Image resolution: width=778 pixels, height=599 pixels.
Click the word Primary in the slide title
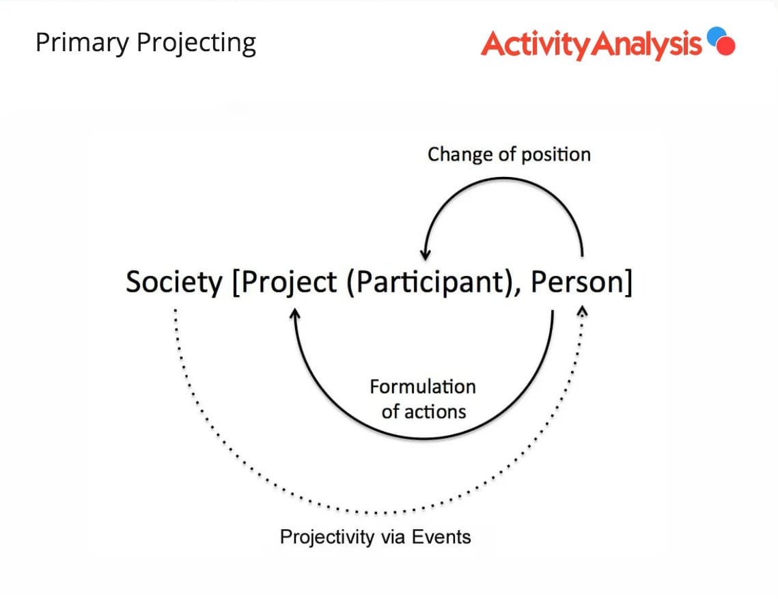click(83, 43)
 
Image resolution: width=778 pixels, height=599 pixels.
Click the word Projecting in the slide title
click(197, 43)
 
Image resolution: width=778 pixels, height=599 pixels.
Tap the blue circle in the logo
click(716, 36)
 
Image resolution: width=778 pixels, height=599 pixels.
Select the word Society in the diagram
click(174, 282)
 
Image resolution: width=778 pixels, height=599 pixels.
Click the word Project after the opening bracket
click(290, 282)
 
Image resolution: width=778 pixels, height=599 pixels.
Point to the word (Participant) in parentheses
click(429, 282)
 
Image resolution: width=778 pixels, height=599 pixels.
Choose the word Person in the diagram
click(577, 281)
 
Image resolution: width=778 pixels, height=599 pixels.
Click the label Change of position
click(509, 155)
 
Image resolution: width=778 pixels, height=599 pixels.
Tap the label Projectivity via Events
click(376, 537)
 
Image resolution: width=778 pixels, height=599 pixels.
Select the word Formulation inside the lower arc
click(423, 387)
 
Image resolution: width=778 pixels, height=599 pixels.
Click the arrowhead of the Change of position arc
click(426, 255)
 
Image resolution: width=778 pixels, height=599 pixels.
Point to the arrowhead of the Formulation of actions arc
click(295, 314)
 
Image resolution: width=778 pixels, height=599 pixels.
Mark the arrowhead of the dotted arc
click(583, 311)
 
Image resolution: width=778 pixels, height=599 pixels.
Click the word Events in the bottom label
click(441, 536)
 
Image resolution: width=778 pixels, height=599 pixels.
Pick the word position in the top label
click(556, 155)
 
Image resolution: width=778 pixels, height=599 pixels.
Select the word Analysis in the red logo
click(647, 44)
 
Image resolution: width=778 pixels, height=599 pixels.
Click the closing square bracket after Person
click(628, 282)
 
